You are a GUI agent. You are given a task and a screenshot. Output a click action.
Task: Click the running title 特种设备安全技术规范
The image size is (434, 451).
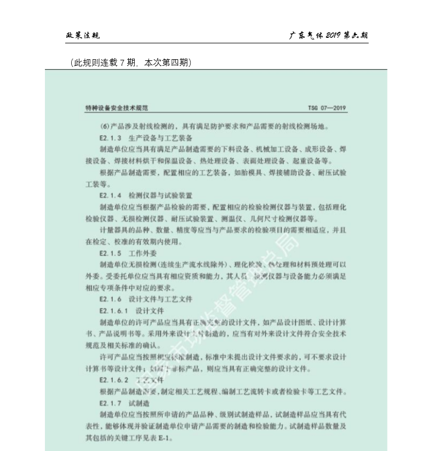(x=117, y=108)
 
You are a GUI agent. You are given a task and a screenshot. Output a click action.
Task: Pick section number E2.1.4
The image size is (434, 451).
(x=110, y=195)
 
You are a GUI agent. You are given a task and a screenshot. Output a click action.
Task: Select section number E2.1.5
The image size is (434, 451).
(x=110, y=253)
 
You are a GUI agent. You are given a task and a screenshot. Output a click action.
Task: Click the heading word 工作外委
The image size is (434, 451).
(x=142, y=253)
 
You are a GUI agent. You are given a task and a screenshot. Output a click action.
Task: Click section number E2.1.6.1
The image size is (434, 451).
(x=113, y=311)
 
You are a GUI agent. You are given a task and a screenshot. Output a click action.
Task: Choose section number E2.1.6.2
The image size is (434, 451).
(x=113, y=380)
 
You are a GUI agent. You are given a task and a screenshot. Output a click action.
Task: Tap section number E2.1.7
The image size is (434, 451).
(x=110, y=403)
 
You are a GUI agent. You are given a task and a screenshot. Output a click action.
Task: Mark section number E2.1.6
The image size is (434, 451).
(x=110, y=299)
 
